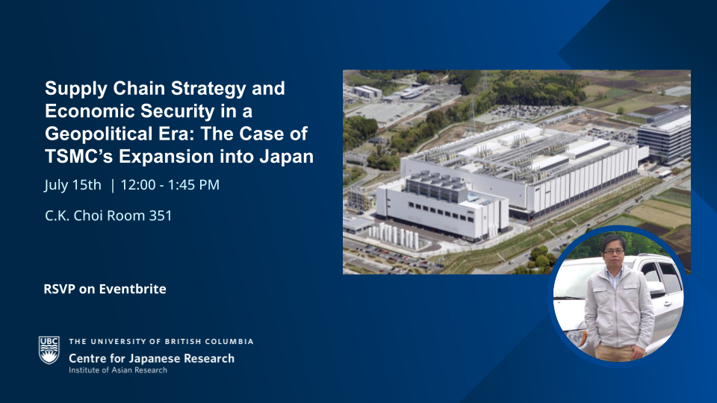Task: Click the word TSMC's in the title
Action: (78, 156)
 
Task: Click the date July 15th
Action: (72, 184)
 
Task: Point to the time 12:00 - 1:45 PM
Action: (170, 184)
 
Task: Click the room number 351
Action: (161, 215)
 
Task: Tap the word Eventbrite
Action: (133, 289)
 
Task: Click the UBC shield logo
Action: (49, 350)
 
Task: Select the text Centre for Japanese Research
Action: (152, 359)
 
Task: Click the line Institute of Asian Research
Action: (118, 370)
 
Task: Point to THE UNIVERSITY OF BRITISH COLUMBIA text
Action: (161, 341)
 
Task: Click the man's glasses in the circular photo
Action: (613, 252)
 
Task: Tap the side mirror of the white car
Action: (655, 288)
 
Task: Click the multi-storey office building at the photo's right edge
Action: (664, 135)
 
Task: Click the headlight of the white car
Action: (577, 337)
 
